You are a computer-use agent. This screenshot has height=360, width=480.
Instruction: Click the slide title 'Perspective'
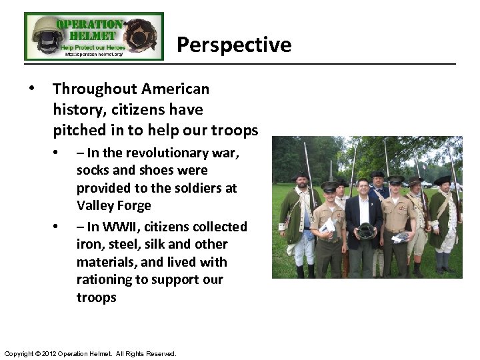click(234, 45)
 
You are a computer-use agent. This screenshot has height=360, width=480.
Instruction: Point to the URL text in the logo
click(93, 55)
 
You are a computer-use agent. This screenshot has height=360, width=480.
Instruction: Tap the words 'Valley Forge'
click(114, 205)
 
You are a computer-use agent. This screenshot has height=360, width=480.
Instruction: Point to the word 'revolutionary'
click(153, 153)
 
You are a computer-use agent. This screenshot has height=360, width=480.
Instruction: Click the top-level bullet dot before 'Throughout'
click(31, 89)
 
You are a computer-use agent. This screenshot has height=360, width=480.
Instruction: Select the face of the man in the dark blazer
click(363, 189)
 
